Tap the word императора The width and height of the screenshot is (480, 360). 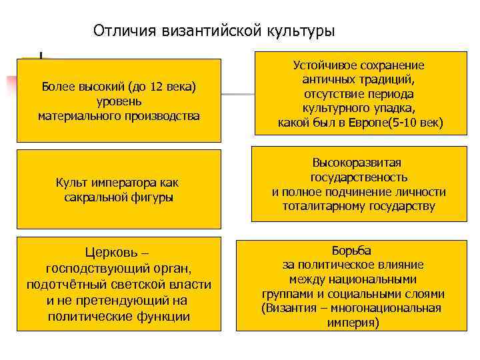point(125,183)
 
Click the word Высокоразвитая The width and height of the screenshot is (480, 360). point(359,163)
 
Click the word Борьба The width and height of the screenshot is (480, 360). point(351,250)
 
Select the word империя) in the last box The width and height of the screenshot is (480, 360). point(353,323)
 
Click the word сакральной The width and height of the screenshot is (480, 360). point(94,197)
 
